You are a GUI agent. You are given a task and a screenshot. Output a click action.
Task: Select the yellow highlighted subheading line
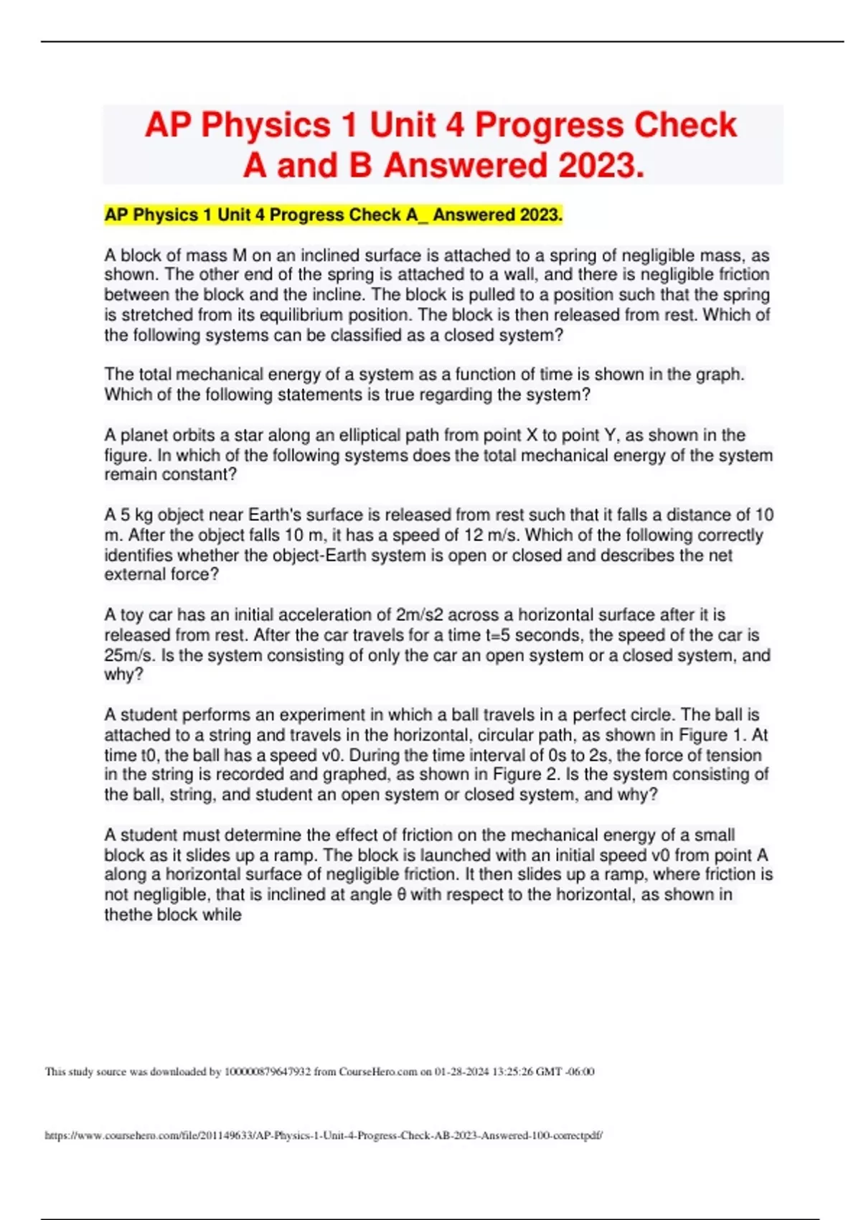[334, 215]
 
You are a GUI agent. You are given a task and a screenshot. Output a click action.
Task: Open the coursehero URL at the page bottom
[324, 1136]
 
